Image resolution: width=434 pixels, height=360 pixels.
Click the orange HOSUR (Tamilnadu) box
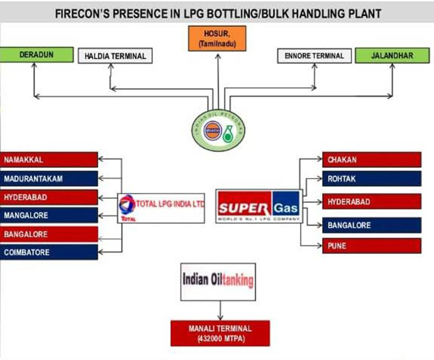tap(217, 38)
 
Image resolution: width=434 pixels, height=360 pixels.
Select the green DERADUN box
tap(36, 55)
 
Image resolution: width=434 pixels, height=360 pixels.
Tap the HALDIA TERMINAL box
tap(115, 56)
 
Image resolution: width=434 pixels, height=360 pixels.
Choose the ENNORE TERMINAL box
tap(314, 56)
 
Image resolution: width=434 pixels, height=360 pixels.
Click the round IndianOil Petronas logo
tap(218, 130)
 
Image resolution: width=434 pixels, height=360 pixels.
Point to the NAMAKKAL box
tap(49, 160)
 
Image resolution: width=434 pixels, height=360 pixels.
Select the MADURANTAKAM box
tap(49, 178)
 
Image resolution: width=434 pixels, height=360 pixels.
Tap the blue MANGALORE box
tap(49, 215)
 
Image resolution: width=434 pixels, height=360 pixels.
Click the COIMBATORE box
tap(49, 252)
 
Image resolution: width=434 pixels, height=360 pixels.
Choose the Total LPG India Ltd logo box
tap(161, 208)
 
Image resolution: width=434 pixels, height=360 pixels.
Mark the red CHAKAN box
tap(372, 160)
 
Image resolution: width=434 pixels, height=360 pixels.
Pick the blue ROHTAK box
tap(372, 178)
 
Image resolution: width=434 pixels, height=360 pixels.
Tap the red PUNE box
tap(372, 245)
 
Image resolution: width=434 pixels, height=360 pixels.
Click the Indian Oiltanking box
tap(218, 281)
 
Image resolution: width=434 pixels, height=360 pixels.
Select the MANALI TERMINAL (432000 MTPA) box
tap(220, 333)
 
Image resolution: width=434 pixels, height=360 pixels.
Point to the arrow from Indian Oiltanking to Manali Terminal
tap(220, 310)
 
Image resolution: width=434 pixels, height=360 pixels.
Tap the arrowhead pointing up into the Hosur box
tap(218, 55)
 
